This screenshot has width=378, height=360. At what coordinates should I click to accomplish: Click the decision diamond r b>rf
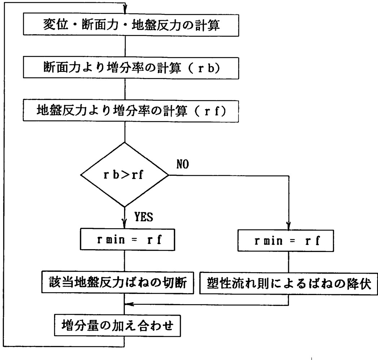[x=124, y=175]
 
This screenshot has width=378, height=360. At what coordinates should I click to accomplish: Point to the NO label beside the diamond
[x=183, y=164]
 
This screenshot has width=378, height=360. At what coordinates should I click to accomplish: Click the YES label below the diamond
[x=144, y=217]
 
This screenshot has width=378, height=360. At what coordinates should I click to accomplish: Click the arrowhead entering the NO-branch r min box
[x=289, y=226]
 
